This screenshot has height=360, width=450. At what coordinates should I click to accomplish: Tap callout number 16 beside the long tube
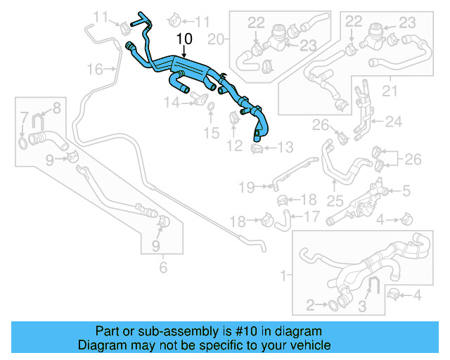point(94,68)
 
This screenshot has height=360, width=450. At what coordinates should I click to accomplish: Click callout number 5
point(406,190)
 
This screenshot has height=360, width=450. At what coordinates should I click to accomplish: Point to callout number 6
point(163,267)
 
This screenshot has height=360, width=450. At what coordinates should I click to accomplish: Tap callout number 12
point(234,146)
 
